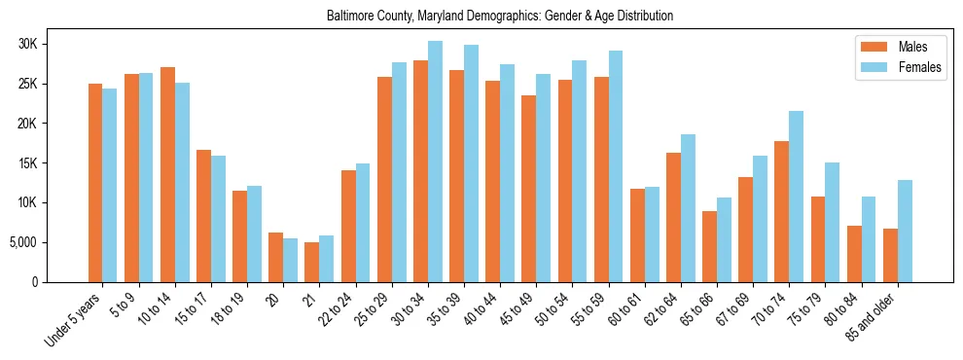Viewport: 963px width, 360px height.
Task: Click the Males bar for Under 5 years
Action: pos(95,183)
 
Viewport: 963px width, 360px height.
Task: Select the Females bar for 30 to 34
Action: pos(435,162)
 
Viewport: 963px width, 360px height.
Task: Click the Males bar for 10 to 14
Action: pos(167,174)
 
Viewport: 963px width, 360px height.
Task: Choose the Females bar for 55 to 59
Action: pos(616,166)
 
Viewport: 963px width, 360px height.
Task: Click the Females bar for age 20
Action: pos(291,260)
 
